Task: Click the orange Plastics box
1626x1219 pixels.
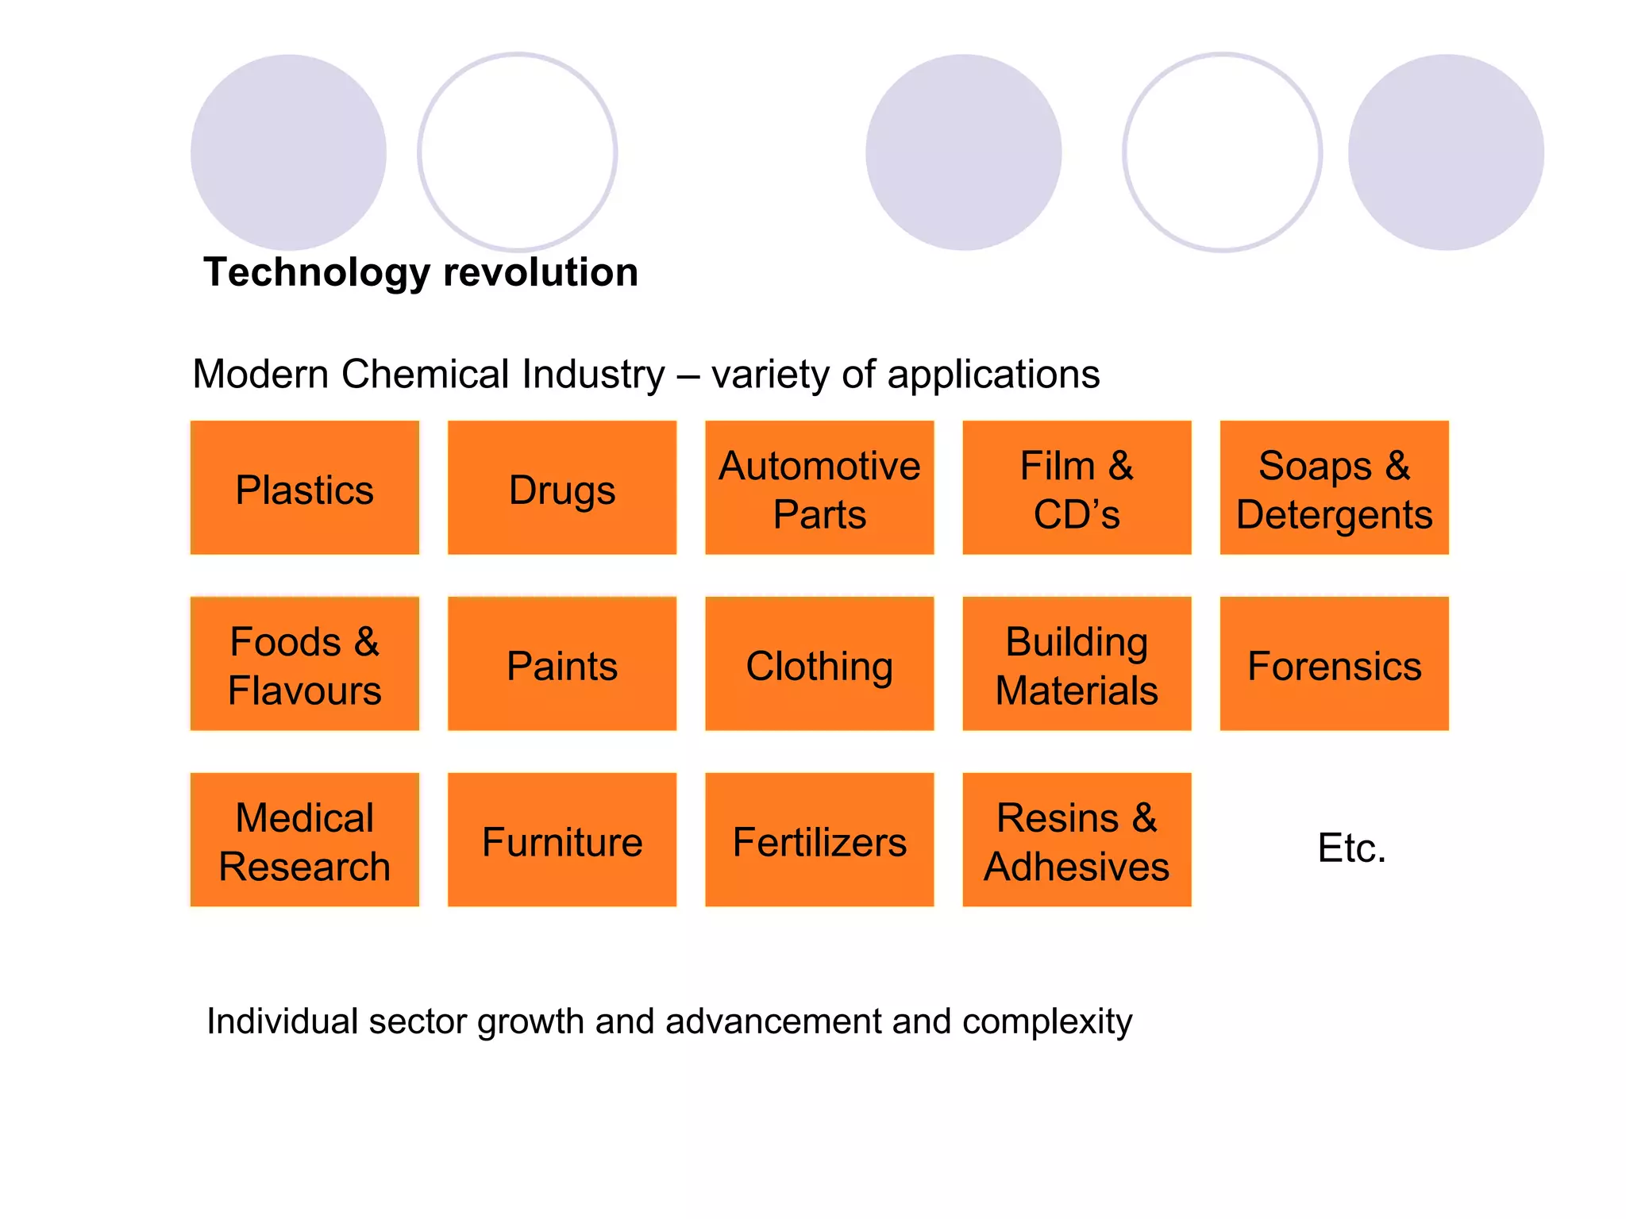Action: pos(304,488)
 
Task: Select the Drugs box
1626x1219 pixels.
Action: pos(562,488)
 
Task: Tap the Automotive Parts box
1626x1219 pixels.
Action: pos(819,488)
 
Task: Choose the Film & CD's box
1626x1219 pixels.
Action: pos(1077,488)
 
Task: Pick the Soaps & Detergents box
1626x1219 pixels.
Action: pos(1334,488)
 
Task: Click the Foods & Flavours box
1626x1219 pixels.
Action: pos(304,664)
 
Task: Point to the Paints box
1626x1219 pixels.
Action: pos(562,664)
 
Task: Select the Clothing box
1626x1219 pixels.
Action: pos(819,664)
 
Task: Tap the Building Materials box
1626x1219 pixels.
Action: pos(1077,664)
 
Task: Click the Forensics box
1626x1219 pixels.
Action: pos(1334,664)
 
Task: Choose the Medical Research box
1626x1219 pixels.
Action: pos(304,840)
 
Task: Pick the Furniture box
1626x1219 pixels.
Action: pos(562,840)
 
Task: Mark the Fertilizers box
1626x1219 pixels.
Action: pos(819,840)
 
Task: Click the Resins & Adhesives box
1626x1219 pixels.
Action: pos(1077,840)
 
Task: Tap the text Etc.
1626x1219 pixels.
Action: pos(1351,848)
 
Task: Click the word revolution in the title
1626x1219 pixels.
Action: pos(541,272)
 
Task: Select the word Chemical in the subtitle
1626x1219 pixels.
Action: pos(425,374)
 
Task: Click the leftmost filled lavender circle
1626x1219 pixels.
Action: pos(288,152)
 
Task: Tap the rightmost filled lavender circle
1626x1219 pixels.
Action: pos(1446,152)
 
